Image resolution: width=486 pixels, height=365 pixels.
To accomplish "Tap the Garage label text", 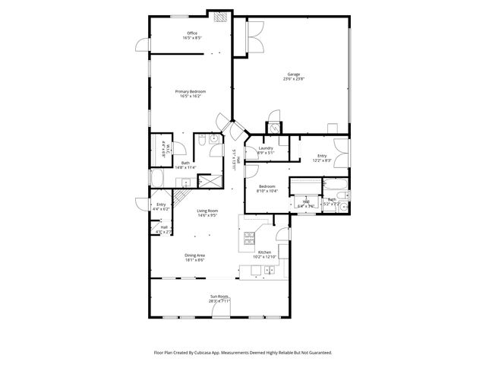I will pyautogui.click(x=293, y=76).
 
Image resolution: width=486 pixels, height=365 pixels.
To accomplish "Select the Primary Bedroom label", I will pyautogui.click(x=192, y=91).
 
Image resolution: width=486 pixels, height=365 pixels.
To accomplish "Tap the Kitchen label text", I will pyautogui.click(x=264, y=252).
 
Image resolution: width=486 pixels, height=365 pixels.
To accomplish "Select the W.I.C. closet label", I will pyautogui.click(x=163, y=150).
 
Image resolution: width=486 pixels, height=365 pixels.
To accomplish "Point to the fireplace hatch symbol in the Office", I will pyautogui.click(x=219, y=17).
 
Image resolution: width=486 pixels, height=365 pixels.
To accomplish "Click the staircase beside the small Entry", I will pyautogui.click(x=181, y=198).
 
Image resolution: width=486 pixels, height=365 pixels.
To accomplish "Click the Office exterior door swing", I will pyautogui.click(x=141, y=46).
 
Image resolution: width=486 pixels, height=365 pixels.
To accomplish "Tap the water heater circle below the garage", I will pyautogui.click(x=273, y=126).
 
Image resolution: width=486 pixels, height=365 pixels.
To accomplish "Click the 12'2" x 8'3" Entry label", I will pyautogui.click(x=322, y=158).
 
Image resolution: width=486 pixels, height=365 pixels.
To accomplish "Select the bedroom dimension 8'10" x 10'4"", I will pyautogui.click(x=267, y=191).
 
